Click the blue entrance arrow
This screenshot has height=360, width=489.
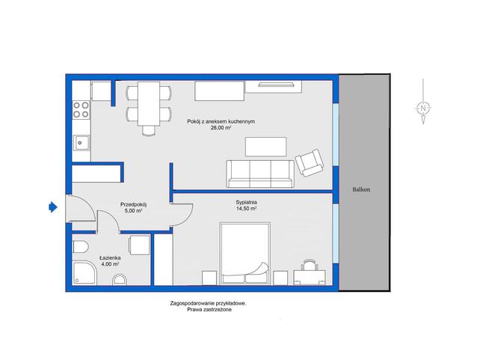click(53, 207)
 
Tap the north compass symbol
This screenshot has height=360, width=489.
click(423, 109)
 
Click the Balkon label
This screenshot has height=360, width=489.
click(361, 189)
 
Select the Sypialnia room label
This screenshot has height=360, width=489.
click(247, 202)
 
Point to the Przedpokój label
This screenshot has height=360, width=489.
click(134, 204)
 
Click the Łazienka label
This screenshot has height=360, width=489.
click(110, 258)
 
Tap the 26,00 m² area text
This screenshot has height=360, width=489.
click(221, 128)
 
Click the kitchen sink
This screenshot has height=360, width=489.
click(81, 143)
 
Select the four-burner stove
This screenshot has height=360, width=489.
click(81, 110)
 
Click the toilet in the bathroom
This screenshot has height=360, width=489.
click(81, 248)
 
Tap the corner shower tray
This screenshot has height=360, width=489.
click(84, 273)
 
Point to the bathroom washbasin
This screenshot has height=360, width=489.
click(120, 280)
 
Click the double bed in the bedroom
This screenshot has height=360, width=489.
click(245, 254)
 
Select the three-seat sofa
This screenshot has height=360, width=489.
click(260, 174)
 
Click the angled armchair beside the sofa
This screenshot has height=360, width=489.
click(309, 162)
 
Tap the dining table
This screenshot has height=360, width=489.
click(149, 103)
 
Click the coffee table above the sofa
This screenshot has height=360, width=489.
click(266, 147)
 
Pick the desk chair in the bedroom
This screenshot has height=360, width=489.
click(310, 264)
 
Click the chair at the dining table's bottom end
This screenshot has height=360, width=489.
click(149, 130)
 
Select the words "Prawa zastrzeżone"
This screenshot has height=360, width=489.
click(209, 310)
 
